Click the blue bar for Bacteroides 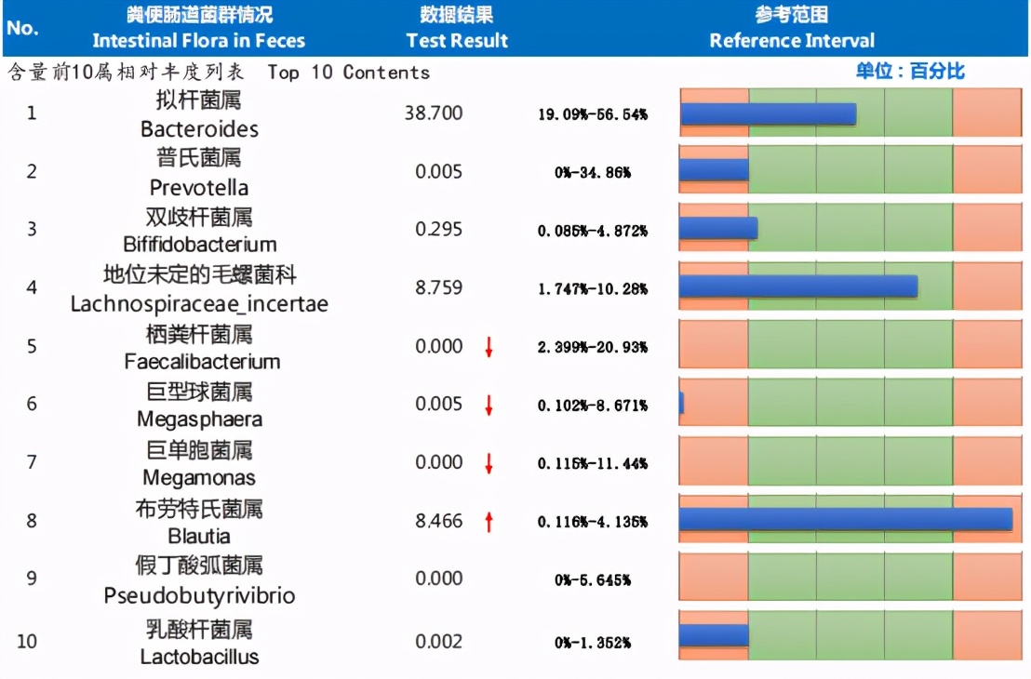(768, 113)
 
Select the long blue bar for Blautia (845, 520)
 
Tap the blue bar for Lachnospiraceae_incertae (797, 287)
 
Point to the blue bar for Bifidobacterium (717, 229)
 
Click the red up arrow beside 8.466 (489, 522)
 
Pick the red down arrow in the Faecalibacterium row (489, 348)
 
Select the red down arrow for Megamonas (489, 463)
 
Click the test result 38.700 (434, 113)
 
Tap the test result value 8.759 (439, 287)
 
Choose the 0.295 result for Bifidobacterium (439, 229)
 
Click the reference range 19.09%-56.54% (593, 114)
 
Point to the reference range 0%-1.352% (593, 643)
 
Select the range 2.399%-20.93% (593, 347)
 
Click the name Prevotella (199, 187)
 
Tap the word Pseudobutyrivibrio (199, 595)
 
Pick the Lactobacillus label (199, 657)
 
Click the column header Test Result (457, 41)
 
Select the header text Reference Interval (792, 41)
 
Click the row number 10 (28, 642)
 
